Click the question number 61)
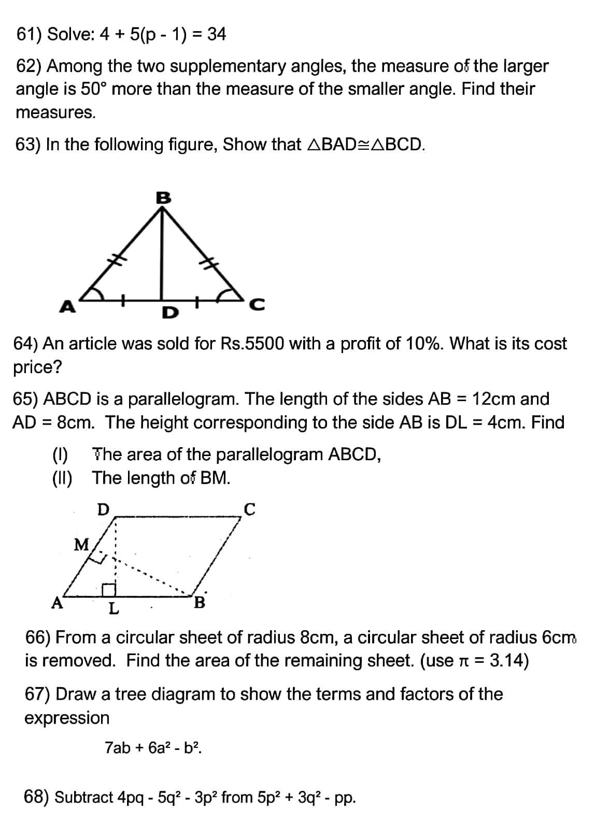pos(30,35)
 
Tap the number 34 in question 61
pos(216,35)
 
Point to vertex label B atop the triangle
pos(163,197)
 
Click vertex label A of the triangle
pos(66,307)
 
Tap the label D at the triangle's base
pos(169,313)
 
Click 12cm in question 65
pos(494,399)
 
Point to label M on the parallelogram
pos(82,544)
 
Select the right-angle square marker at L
pos(108,589)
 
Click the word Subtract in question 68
pos(84,797)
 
